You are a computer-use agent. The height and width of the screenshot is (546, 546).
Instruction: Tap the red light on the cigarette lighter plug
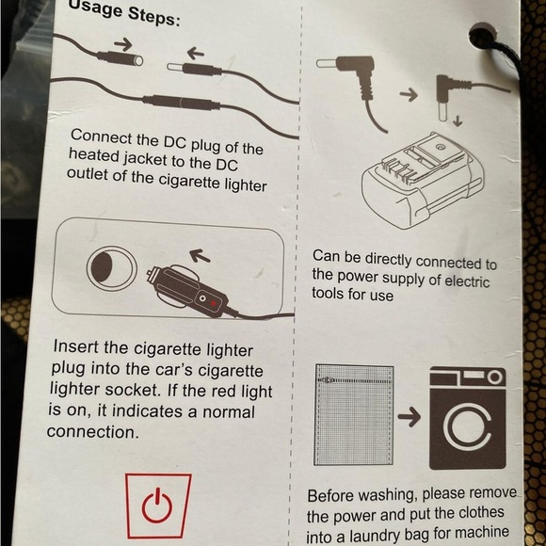tap(214, 303)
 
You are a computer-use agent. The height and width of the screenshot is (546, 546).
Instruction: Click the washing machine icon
tap(467, 418)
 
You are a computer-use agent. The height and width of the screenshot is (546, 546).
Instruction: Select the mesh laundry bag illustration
tap(353, 414)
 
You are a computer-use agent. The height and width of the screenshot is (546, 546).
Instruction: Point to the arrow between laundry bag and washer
tap(409, 416)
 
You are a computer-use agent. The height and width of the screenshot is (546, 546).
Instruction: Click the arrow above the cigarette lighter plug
tap(200, 256)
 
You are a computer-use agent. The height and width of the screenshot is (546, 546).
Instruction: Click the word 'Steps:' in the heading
tap(153, 17)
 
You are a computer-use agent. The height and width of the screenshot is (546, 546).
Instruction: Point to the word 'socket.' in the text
tap(133, 391)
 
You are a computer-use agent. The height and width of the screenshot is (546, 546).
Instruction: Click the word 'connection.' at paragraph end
tap(93, 432)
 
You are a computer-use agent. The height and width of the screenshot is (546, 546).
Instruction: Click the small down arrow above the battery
tap(458, 120)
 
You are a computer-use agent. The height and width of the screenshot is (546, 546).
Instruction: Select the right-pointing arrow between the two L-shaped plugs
tap(409, 94)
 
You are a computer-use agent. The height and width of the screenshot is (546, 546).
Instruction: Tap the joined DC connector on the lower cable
tap(181, 103)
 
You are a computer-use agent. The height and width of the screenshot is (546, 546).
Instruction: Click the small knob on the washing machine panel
tap(495, 377)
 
